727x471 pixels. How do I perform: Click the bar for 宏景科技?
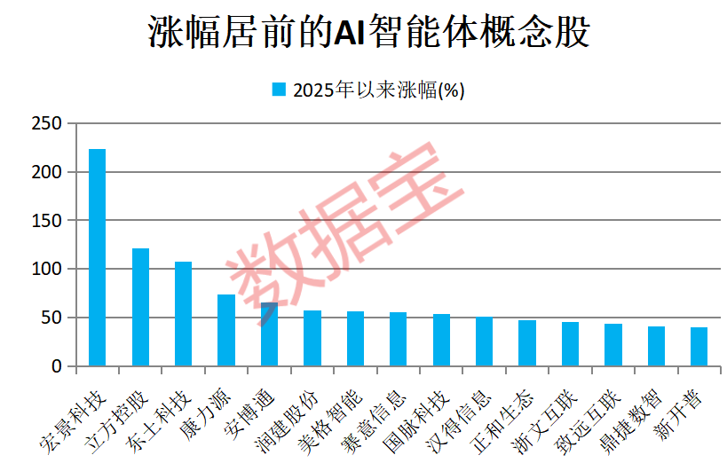(97, 257)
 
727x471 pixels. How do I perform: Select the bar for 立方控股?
(140, 307)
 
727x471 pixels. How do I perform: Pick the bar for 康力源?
(226, 330)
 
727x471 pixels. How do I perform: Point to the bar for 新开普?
(699, 346)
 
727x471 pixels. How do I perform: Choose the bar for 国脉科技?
(441, 340)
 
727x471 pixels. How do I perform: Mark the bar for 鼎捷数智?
(656, 346)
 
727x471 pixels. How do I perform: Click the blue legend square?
(278, 89)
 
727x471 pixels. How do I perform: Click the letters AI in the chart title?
(349, 34)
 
